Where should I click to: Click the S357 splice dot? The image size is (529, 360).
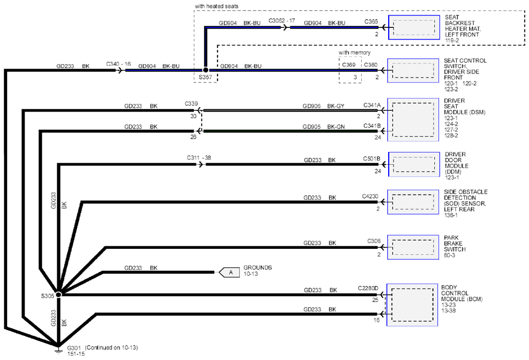point(205,70)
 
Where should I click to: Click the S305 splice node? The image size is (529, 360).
point(58,295)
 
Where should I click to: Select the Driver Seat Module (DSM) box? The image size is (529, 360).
point(413,119)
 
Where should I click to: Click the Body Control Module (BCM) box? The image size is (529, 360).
point(412,305)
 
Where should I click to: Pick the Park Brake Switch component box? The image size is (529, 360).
point(413,247)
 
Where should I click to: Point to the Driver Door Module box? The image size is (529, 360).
point(414,164)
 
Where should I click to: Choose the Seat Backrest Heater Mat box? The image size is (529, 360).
point(414,27)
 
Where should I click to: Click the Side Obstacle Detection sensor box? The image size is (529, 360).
point(413,202)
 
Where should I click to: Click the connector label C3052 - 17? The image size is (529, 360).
point(282,21)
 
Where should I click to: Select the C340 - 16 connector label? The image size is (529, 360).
point(118,64)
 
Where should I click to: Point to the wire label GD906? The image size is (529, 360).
point(312,106)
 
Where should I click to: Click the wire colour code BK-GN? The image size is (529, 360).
point(336,127)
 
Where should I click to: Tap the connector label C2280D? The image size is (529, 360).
point(368,288)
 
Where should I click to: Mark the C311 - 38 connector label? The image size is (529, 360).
point(199,158)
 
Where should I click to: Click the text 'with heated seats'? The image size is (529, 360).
point(216,6)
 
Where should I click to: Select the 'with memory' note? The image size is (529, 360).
point(354,52)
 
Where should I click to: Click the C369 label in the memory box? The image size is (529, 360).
point(349,64)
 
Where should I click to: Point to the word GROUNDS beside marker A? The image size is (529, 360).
point(258,268)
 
